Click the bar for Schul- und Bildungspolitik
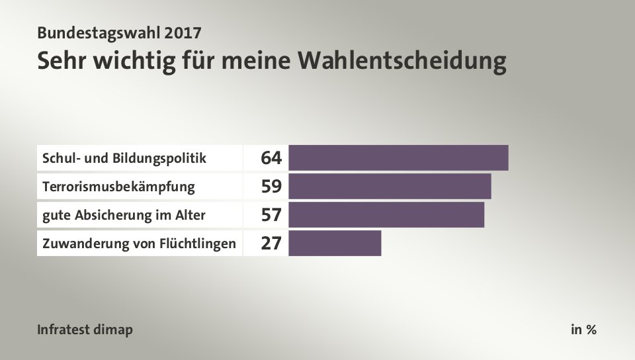pos(398,157)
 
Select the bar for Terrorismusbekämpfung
pos(390,186)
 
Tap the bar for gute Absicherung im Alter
pos(386,215)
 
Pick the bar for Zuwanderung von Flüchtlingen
pos(335,244)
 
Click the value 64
pos(271,158)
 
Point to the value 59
pos(271,187)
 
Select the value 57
pos(271,215)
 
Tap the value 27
pos(271,244)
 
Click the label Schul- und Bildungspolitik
pos(124,158)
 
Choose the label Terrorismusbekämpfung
pos(118,187)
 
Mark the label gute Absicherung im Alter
pos(124,215)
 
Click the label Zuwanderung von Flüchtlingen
pos(139,244)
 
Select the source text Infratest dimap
pos(85,330)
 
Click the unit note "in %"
pos(583,330)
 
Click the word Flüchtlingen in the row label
pos(198,244)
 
